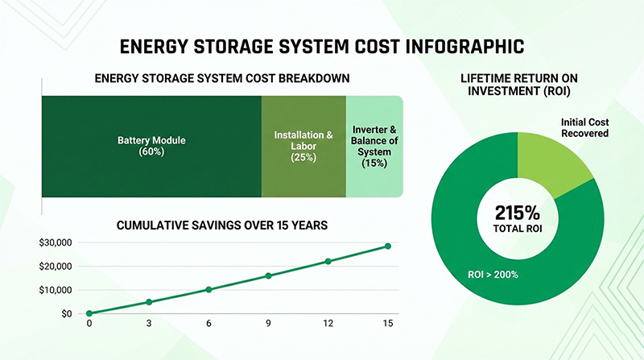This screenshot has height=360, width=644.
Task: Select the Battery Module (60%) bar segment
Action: click(x=151, y=146)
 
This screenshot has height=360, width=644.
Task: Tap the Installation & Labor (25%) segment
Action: click(x=303, y=146)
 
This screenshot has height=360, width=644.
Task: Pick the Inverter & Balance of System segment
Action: click(x=374, y=146)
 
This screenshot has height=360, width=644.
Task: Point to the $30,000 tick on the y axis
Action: click(x=56, y=242)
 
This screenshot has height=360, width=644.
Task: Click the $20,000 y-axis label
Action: click(x=56, y=267)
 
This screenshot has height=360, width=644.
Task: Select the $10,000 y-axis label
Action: click(x=56, y=290)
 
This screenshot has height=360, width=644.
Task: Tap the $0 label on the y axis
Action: click(x=66, y=313)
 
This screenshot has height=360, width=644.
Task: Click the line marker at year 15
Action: click(x=387, y=246)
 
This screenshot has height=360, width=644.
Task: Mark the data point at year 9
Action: click(x=268, y=275)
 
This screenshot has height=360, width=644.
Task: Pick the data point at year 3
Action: click(x=148, y=302)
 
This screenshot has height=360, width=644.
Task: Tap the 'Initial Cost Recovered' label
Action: click(x=584, y=127)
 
